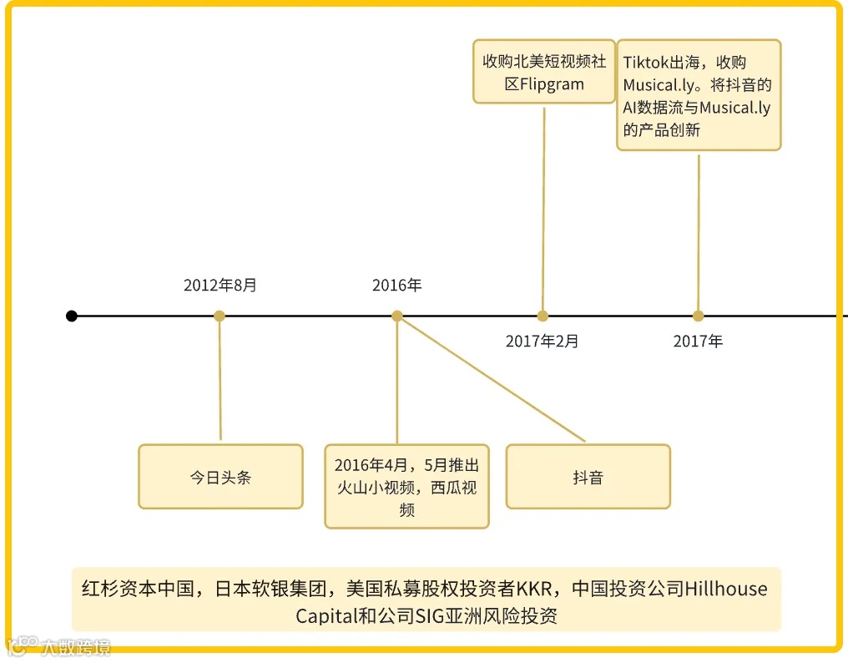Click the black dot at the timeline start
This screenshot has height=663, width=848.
click(72, 316)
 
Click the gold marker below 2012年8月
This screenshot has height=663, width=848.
click(220, 316)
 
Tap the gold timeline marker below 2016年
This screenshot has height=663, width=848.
click(397, 316)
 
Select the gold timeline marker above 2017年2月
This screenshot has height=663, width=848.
click(543, 316)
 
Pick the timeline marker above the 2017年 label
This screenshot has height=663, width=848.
click(699, 316)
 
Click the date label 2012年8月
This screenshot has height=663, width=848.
click(220, 286)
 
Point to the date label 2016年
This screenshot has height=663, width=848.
click(397, 286)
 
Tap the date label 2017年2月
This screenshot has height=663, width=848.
click(543, 341)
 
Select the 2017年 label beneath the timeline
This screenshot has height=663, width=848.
click(699, 341)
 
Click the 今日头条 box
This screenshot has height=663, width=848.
click(220, 477)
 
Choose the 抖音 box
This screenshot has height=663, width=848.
click(588, 477)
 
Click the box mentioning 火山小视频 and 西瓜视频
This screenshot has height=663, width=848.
click(406, 487)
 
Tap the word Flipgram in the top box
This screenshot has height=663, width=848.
click(552, 84)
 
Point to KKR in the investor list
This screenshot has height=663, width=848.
click(534, 589)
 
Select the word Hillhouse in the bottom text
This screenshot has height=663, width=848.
click(725, 589)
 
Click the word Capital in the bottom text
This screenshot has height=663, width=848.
click(324, 616)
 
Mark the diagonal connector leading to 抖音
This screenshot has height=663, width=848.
click(492, 379)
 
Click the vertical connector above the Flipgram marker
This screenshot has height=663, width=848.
click(543, 209)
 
